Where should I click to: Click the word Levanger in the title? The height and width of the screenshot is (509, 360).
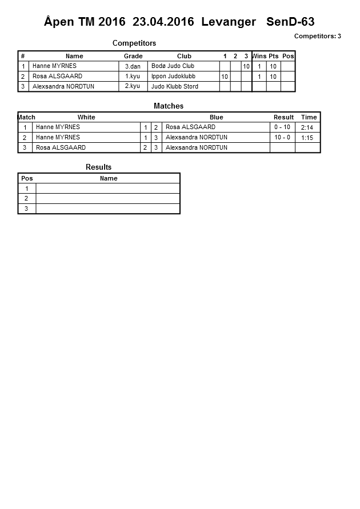click(x=229, y=22)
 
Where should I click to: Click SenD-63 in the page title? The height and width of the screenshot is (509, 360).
click(x=290, y=22)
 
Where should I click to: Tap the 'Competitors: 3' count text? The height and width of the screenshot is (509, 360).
click(x=318, y=36)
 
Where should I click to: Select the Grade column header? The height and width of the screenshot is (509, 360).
click(x=133, y=56)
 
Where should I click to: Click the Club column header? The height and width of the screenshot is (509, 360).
click(x=184, y=56)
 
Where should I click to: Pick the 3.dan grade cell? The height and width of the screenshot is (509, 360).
click(x=133, y=66)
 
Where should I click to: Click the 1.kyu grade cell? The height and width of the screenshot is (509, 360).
click(x=133, y=76)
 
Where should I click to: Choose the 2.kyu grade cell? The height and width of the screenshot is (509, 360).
click(x=133, y=86)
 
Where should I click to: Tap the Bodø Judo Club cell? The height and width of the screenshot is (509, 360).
click(x=173, y=66)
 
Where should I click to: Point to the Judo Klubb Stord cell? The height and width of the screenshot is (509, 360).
click(x=175, y=86)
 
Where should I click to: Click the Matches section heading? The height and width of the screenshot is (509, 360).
click(x=169, y=106)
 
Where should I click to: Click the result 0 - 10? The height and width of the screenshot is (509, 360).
click(x=282, y=127)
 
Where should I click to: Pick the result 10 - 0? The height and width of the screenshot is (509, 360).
click(x=282, y=137)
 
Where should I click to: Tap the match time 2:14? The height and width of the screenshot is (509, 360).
click(x=307, y=127)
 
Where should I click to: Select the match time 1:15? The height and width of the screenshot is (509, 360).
click(x=307, y=138)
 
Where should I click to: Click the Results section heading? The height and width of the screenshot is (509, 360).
click(x=99, y=167)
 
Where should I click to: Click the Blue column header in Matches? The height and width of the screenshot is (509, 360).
click(x=216, y=117)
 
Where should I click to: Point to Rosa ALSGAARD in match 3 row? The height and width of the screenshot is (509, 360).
click(x=61, y=147)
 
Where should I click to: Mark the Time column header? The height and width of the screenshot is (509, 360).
click(x=309, y=117)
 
